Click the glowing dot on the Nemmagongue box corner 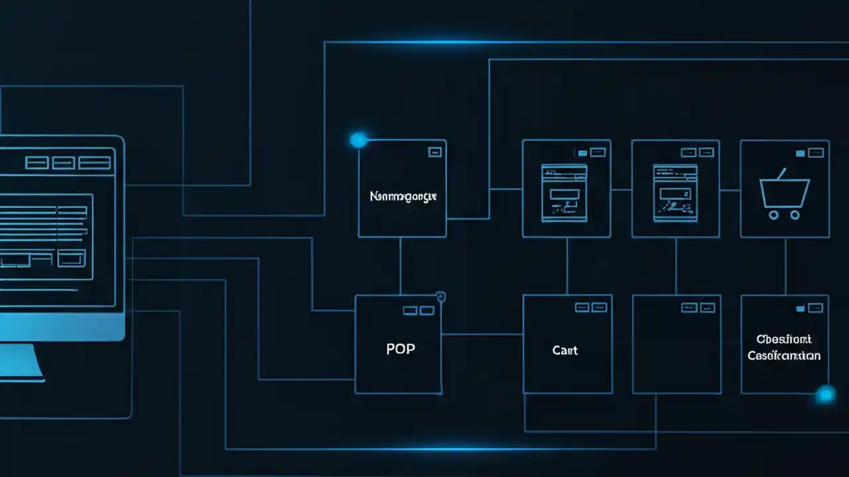coord(358,140)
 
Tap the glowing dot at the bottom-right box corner coord(825,395)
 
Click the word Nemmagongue coord(403,197)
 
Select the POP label coord(401,349)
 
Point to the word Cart coord(565,350)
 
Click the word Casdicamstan coord(784,356)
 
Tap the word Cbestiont coord(783,339)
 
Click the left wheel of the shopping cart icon coord(773,215)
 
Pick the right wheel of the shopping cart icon coord(794,215)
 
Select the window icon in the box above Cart coord(564,193)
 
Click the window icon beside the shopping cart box coord(675,193)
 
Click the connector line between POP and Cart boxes coord(482,335)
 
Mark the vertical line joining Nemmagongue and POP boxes coord(400,266)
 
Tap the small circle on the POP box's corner coord(440,297)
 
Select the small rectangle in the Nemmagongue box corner coord(435,152)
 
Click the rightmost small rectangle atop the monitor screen coord(95,163)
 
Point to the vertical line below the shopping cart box coord(785,266)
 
